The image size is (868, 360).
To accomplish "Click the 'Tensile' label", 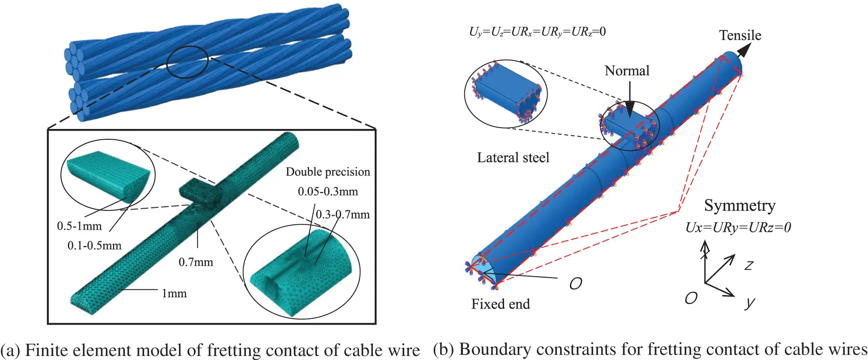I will [x=740, y=35].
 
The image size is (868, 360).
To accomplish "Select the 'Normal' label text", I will [x=627, y=71].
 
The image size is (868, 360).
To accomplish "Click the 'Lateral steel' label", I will [x=513, y=158].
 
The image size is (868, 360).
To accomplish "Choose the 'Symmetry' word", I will [x=740, y=206].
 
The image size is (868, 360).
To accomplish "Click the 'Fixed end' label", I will [x=500, y=304].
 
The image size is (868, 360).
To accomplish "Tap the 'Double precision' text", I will [x=328, y=172].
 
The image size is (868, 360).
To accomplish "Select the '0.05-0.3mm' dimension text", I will [x=328, y=192].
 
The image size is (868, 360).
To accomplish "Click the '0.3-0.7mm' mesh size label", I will [x=343, y=214].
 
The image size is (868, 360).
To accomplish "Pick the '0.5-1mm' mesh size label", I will [x=79, y=226].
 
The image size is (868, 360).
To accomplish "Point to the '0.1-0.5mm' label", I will [x=94, y=245].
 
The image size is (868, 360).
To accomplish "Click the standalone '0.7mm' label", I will [x=196, y=262].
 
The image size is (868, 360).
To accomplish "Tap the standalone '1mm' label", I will [x=174, y=293].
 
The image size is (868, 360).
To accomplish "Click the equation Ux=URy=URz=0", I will [x=738, y=227].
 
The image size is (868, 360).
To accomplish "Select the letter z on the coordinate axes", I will [x=748, y=265].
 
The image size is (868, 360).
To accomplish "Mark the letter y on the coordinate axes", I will [x=749, y=303].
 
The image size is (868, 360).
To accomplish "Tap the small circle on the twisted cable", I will [x=188, y=62].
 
